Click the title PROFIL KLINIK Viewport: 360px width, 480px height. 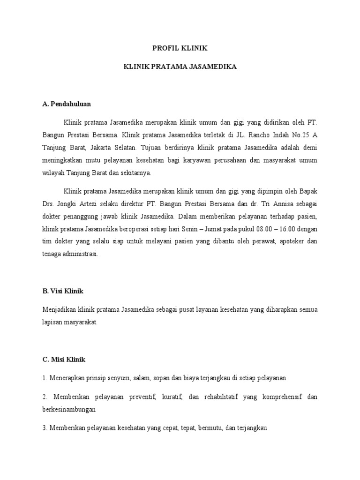(180, 48)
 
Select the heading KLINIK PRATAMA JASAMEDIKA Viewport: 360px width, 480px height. (180, 67)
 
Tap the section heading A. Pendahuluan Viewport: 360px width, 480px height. (67, 104)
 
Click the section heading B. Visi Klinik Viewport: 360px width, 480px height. (62, 291)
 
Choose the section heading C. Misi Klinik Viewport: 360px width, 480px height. (64, 360)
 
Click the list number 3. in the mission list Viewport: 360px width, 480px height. (45, 428)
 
